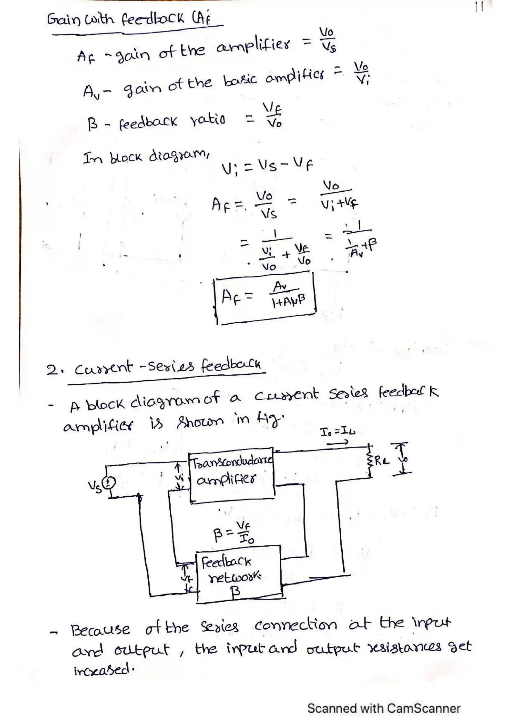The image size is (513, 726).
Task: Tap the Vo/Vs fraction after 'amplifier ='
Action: coord(327,40)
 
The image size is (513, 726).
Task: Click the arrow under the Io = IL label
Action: coord(337,443)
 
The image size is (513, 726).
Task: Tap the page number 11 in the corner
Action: coord(479,7)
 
